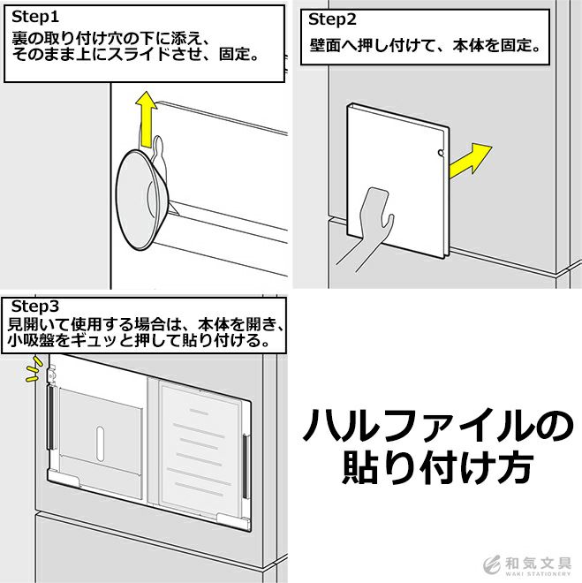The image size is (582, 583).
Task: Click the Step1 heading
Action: [x=35, y=17]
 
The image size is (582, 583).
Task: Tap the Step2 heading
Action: [x=332, y=19]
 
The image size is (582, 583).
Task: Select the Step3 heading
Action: [x=35, y=307]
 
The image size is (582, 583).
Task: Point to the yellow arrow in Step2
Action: [x=470, y=161]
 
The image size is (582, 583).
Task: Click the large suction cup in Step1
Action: [x=142, y=200]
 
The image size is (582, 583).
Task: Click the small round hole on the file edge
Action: [x=441, y=153]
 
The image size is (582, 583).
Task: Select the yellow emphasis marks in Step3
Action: [x=33, y=369]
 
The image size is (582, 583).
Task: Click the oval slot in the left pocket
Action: [x=100, y=443]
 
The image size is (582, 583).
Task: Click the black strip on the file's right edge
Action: [x=245, y=466]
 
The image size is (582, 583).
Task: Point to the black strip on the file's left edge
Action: [x=50, y=417]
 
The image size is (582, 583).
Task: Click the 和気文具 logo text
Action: [x=538, y=564]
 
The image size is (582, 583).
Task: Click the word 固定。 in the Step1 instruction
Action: [x=238, y=54]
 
